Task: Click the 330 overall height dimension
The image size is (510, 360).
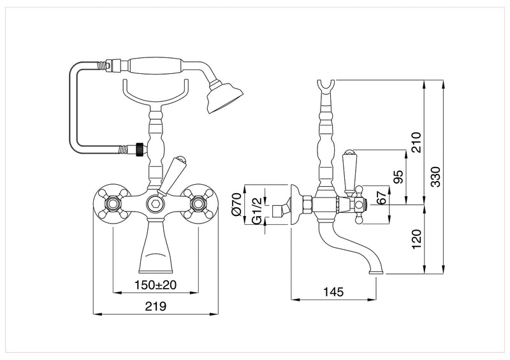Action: point(435,176)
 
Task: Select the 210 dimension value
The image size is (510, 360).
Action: point(416,141)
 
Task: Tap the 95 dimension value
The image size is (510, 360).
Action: point(398,176)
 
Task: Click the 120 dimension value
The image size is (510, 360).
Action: point(416,240)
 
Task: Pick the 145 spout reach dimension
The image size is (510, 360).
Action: point(333,292)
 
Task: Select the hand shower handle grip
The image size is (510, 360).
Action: point(156,66)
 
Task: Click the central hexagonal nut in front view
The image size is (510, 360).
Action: point(155,204)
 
